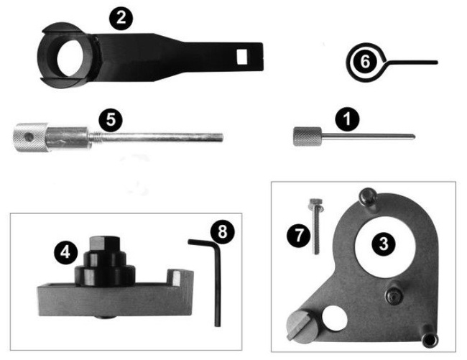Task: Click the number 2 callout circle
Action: click(x=121, y=18)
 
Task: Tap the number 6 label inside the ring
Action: click(x=365, y=62)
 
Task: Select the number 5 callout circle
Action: click(x=111, y=121)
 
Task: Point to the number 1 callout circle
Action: click(x=347, y=119)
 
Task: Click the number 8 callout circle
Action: click(x=223, y=231)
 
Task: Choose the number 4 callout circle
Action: click(x=65, y=252)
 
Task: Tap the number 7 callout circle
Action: click(x=299, y=235)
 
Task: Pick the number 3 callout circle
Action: click(x=384, y=244)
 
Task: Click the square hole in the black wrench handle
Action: click(x=242, y=57)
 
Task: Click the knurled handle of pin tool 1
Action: click(x=308, y=137)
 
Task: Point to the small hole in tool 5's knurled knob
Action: click(x=29, y=137)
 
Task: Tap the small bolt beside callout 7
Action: click(x=315, y=226)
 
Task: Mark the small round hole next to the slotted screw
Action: click(x=335, y=318)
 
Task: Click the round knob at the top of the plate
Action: click(x=368, y=196)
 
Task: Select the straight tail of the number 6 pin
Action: click(x=412, y=63)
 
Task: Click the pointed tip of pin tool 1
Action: click(x=414, y=137)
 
